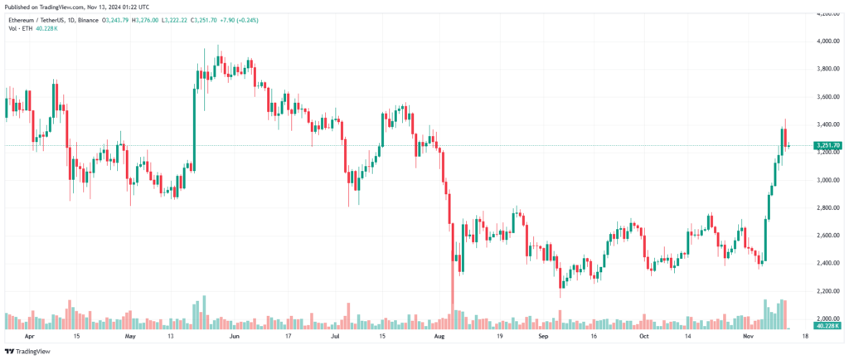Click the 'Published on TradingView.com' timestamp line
click(67, 7)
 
